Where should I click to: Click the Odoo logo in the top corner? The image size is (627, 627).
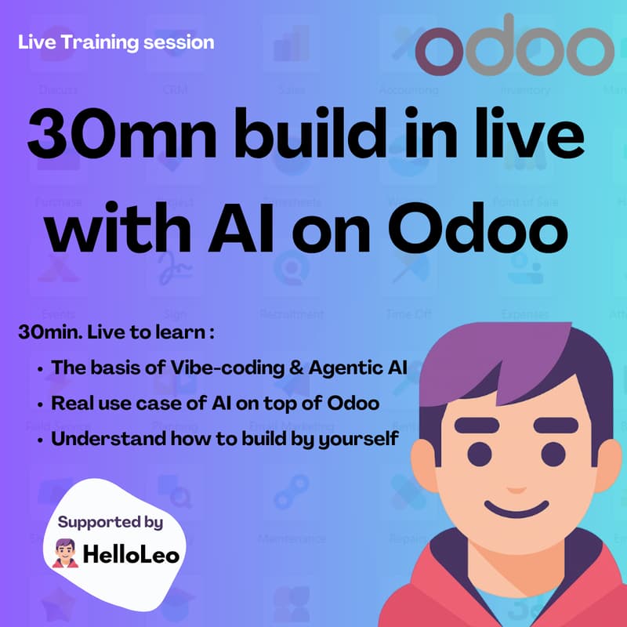pos(514,49)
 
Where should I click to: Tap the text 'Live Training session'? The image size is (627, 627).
pos(116,42)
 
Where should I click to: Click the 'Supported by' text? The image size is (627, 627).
pos(111,521)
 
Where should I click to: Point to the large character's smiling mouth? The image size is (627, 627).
pos(521,511)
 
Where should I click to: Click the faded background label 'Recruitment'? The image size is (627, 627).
pos(292,314)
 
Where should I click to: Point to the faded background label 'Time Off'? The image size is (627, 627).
pos(408,314)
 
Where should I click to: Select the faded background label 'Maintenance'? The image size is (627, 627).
pos(292,539)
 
